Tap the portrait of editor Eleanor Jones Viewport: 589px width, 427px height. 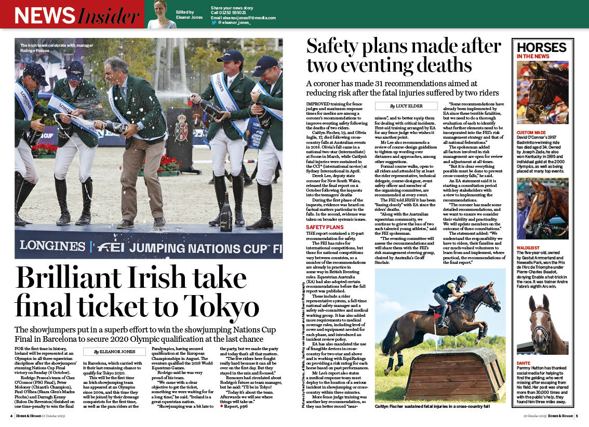tap(161, 14)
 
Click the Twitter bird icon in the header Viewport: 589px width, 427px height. tap(214, 23)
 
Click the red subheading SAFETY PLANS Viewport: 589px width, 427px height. tap(325, 228)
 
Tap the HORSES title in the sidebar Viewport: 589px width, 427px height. tap(541, 47)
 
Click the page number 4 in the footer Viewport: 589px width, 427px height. tap(11, 416)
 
